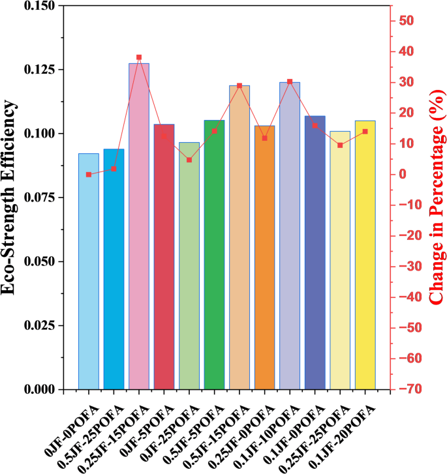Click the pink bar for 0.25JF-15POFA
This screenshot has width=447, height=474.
(139, 228)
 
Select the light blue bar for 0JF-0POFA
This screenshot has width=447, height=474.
(89, 274)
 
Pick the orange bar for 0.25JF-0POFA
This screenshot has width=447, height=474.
(264, 261)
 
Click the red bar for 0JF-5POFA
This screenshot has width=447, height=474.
(164, 258)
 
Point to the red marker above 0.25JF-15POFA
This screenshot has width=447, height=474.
(139, 57)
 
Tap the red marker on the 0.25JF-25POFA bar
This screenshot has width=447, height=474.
(340, 145)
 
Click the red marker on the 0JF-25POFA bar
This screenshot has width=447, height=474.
(189, 160)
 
